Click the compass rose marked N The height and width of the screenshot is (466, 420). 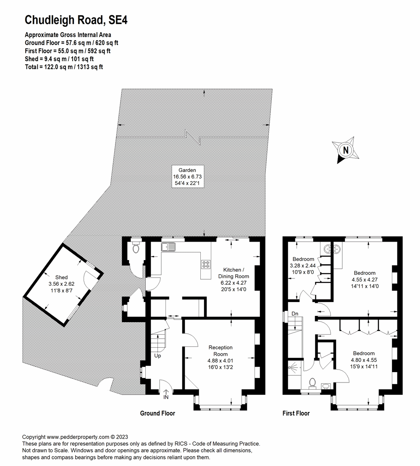pos(345,150)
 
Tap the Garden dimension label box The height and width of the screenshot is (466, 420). pos(187,176)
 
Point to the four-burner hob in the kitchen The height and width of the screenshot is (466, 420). pos(206,264)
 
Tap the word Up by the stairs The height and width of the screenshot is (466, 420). pos(157,355)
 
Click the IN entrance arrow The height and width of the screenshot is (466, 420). pos(166,394)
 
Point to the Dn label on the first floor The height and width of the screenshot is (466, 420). pos(295,314)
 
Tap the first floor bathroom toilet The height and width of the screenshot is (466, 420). pos(312,383)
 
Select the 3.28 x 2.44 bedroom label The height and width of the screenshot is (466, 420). pos(303,266)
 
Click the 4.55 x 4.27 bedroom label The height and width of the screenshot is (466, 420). pos(365,279)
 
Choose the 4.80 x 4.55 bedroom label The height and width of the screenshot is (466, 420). pos(364,360)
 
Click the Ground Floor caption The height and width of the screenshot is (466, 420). pos(157,413)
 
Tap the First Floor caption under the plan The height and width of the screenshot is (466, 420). pos(296,413)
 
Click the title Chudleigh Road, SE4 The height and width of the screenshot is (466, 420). pos(76,20)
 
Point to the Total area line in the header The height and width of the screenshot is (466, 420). pos(64,67)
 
